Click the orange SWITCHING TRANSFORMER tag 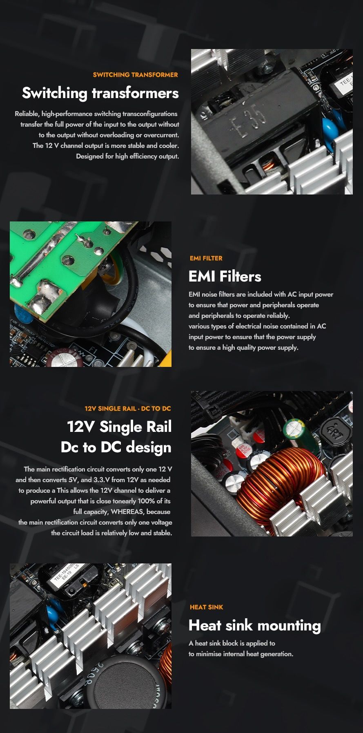[x=135, y=75]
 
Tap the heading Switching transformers [x=100, y=93]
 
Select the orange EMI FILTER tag [x=206, y=258]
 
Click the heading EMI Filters [x=225, y=277]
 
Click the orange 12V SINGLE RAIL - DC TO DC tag [x=128, y=409]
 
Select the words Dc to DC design [x=116, y=447]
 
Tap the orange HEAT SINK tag [x=207, y=607]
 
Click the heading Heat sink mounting [x=255, y=626]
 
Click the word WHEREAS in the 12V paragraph [x=127, y=512]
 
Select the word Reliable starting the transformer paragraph [x=27, y=114]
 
